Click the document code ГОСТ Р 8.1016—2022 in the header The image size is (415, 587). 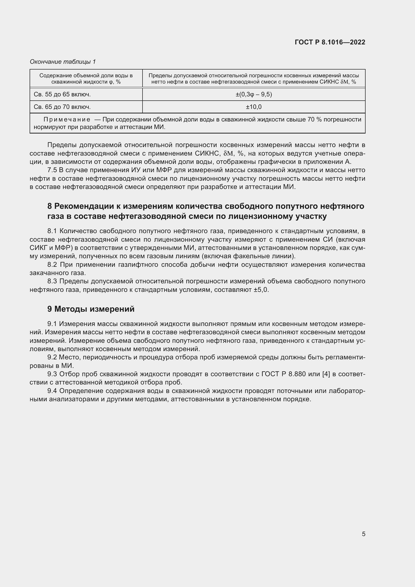[330, 42]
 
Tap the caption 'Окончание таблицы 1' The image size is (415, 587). [63, 62]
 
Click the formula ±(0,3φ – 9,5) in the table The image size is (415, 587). [253, 95]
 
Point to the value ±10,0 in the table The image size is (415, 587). [253, 107]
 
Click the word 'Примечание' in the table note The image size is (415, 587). [67, 120]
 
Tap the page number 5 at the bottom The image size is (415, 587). [363, 534]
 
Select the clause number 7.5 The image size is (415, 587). [52, 170]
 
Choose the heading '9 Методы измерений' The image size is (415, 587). [91, 309]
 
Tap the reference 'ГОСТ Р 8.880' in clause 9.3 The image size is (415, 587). [284, 374]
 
